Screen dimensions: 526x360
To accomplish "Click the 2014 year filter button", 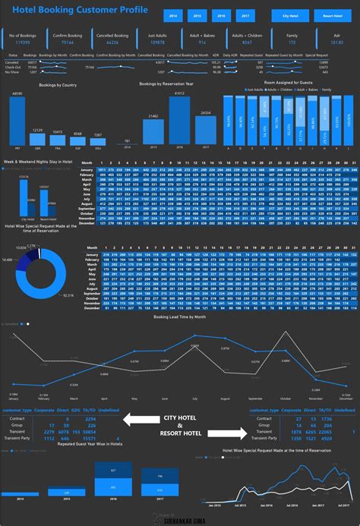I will pos(173,15).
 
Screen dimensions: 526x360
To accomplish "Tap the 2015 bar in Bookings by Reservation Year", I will pos(153,132).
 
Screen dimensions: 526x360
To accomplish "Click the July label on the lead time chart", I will pos(194,398).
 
